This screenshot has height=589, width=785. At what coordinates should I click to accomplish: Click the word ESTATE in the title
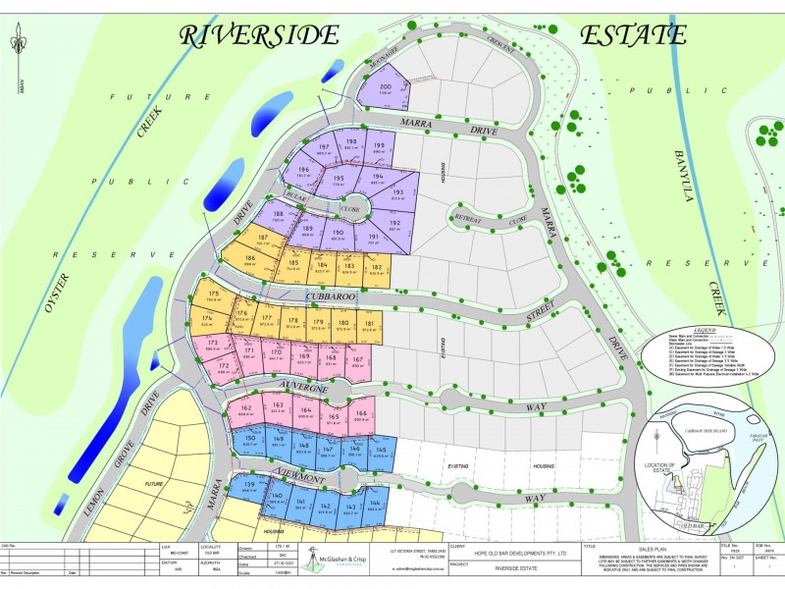(632, 35)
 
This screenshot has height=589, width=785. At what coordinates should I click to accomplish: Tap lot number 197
(324, 149)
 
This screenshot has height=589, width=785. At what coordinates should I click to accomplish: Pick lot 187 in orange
(263, 241)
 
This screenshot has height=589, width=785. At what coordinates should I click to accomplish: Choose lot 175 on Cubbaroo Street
(214, 297)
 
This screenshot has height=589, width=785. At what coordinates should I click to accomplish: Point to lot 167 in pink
(358, 362)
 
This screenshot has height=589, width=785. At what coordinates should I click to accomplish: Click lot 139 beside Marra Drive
(249, 488)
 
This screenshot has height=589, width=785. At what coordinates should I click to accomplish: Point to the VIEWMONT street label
(290, 476)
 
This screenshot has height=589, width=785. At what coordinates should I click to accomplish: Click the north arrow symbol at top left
(17, 44)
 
